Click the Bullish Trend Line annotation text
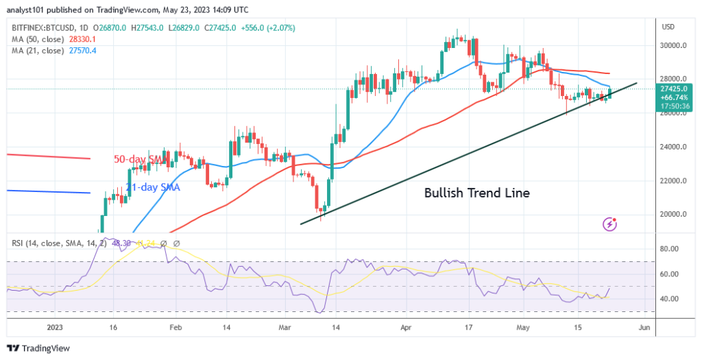477,193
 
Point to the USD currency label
669,26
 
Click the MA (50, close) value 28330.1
80,39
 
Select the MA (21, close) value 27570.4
80,50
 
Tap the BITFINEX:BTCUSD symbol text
44,28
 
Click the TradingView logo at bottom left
41,348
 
